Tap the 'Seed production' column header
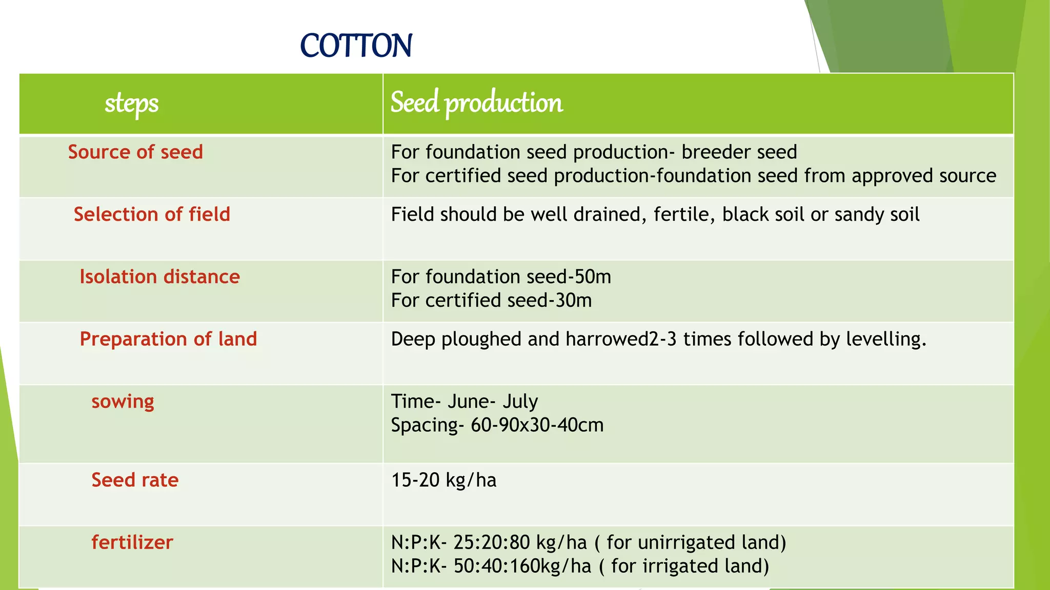click(476, 102)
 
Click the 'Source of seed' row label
click(135, 152)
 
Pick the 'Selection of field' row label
click(152, 215)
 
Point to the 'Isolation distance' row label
click(159, 277)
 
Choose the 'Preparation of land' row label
click(168, 339)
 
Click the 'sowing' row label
click(123, 402)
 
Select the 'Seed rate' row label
click(135, 480)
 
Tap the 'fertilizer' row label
click(132, 542)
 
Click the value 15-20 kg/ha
click(443, 480)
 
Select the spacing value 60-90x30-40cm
click(537, 425)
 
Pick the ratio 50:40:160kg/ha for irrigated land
click(522, 566)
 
